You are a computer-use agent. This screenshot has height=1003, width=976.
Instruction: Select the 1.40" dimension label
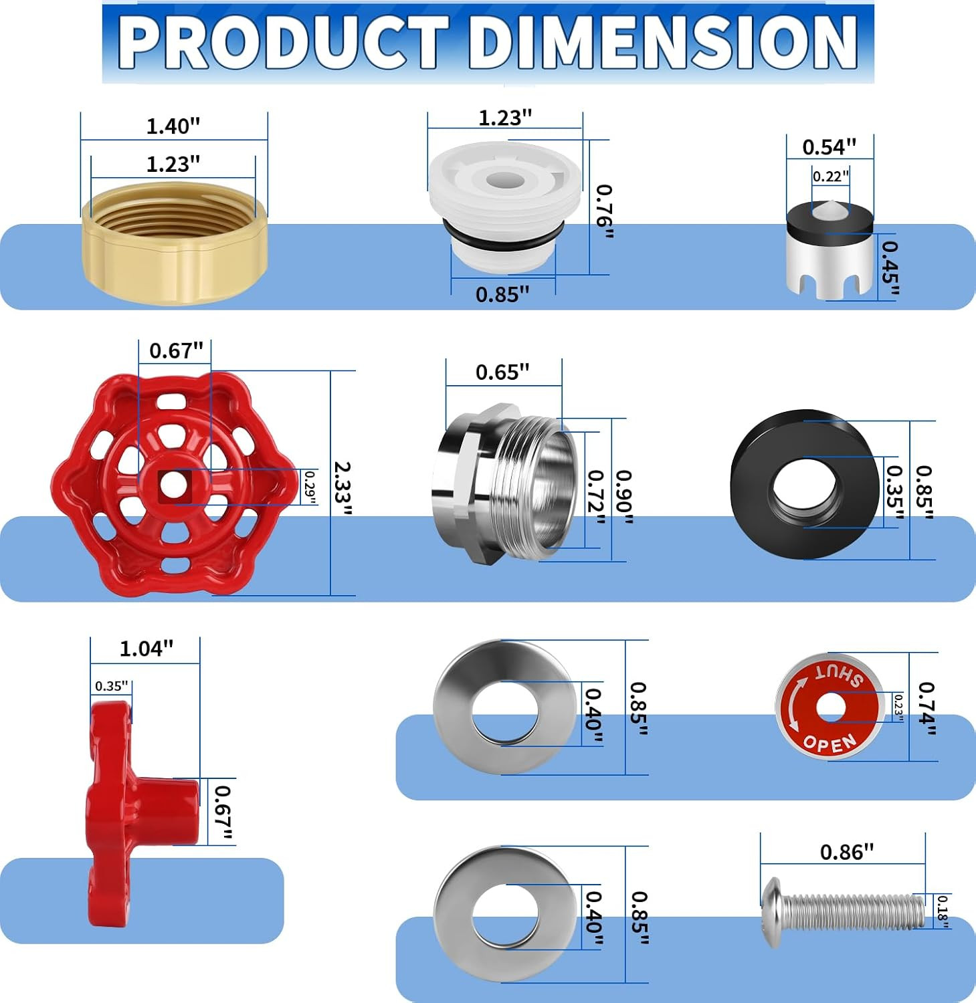(x=173, y=126)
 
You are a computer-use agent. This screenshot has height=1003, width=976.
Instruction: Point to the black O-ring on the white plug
(x=503, y=231)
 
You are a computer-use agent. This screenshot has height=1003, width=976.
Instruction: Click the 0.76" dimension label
(x=605, y=211)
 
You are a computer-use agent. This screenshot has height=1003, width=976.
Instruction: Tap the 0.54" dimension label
(x=829, y=146)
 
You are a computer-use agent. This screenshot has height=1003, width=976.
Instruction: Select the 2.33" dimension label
(x=343, y=488)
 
